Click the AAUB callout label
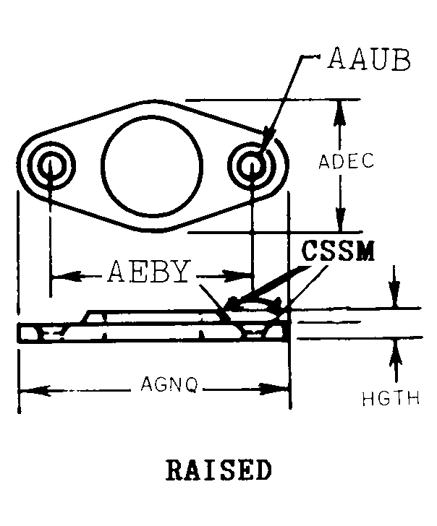coord(369,60)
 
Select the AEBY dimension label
coord(148,272)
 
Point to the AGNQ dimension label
coord(169,386)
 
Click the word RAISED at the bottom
coord(218,469)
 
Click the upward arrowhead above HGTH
coord(395,349)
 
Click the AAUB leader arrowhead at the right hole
coord(264,145)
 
